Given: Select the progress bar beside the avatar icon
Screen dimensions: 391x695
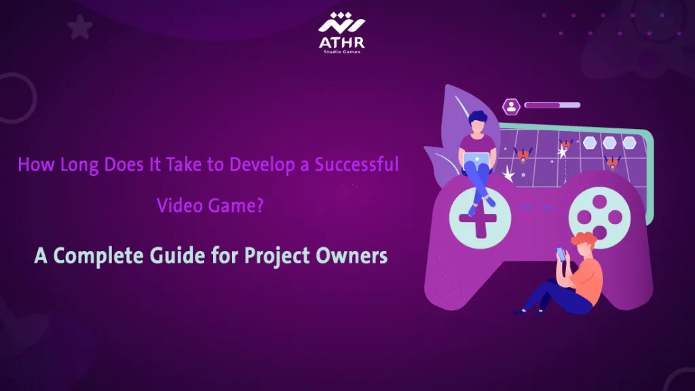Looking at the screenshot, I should tap(552, 105).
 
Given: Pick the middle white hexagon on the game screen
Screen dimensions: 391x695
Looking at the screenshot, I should tap(609, 143).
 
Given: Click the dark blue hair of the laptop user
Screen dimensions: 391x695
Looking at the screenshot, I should tap(478, 117).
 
